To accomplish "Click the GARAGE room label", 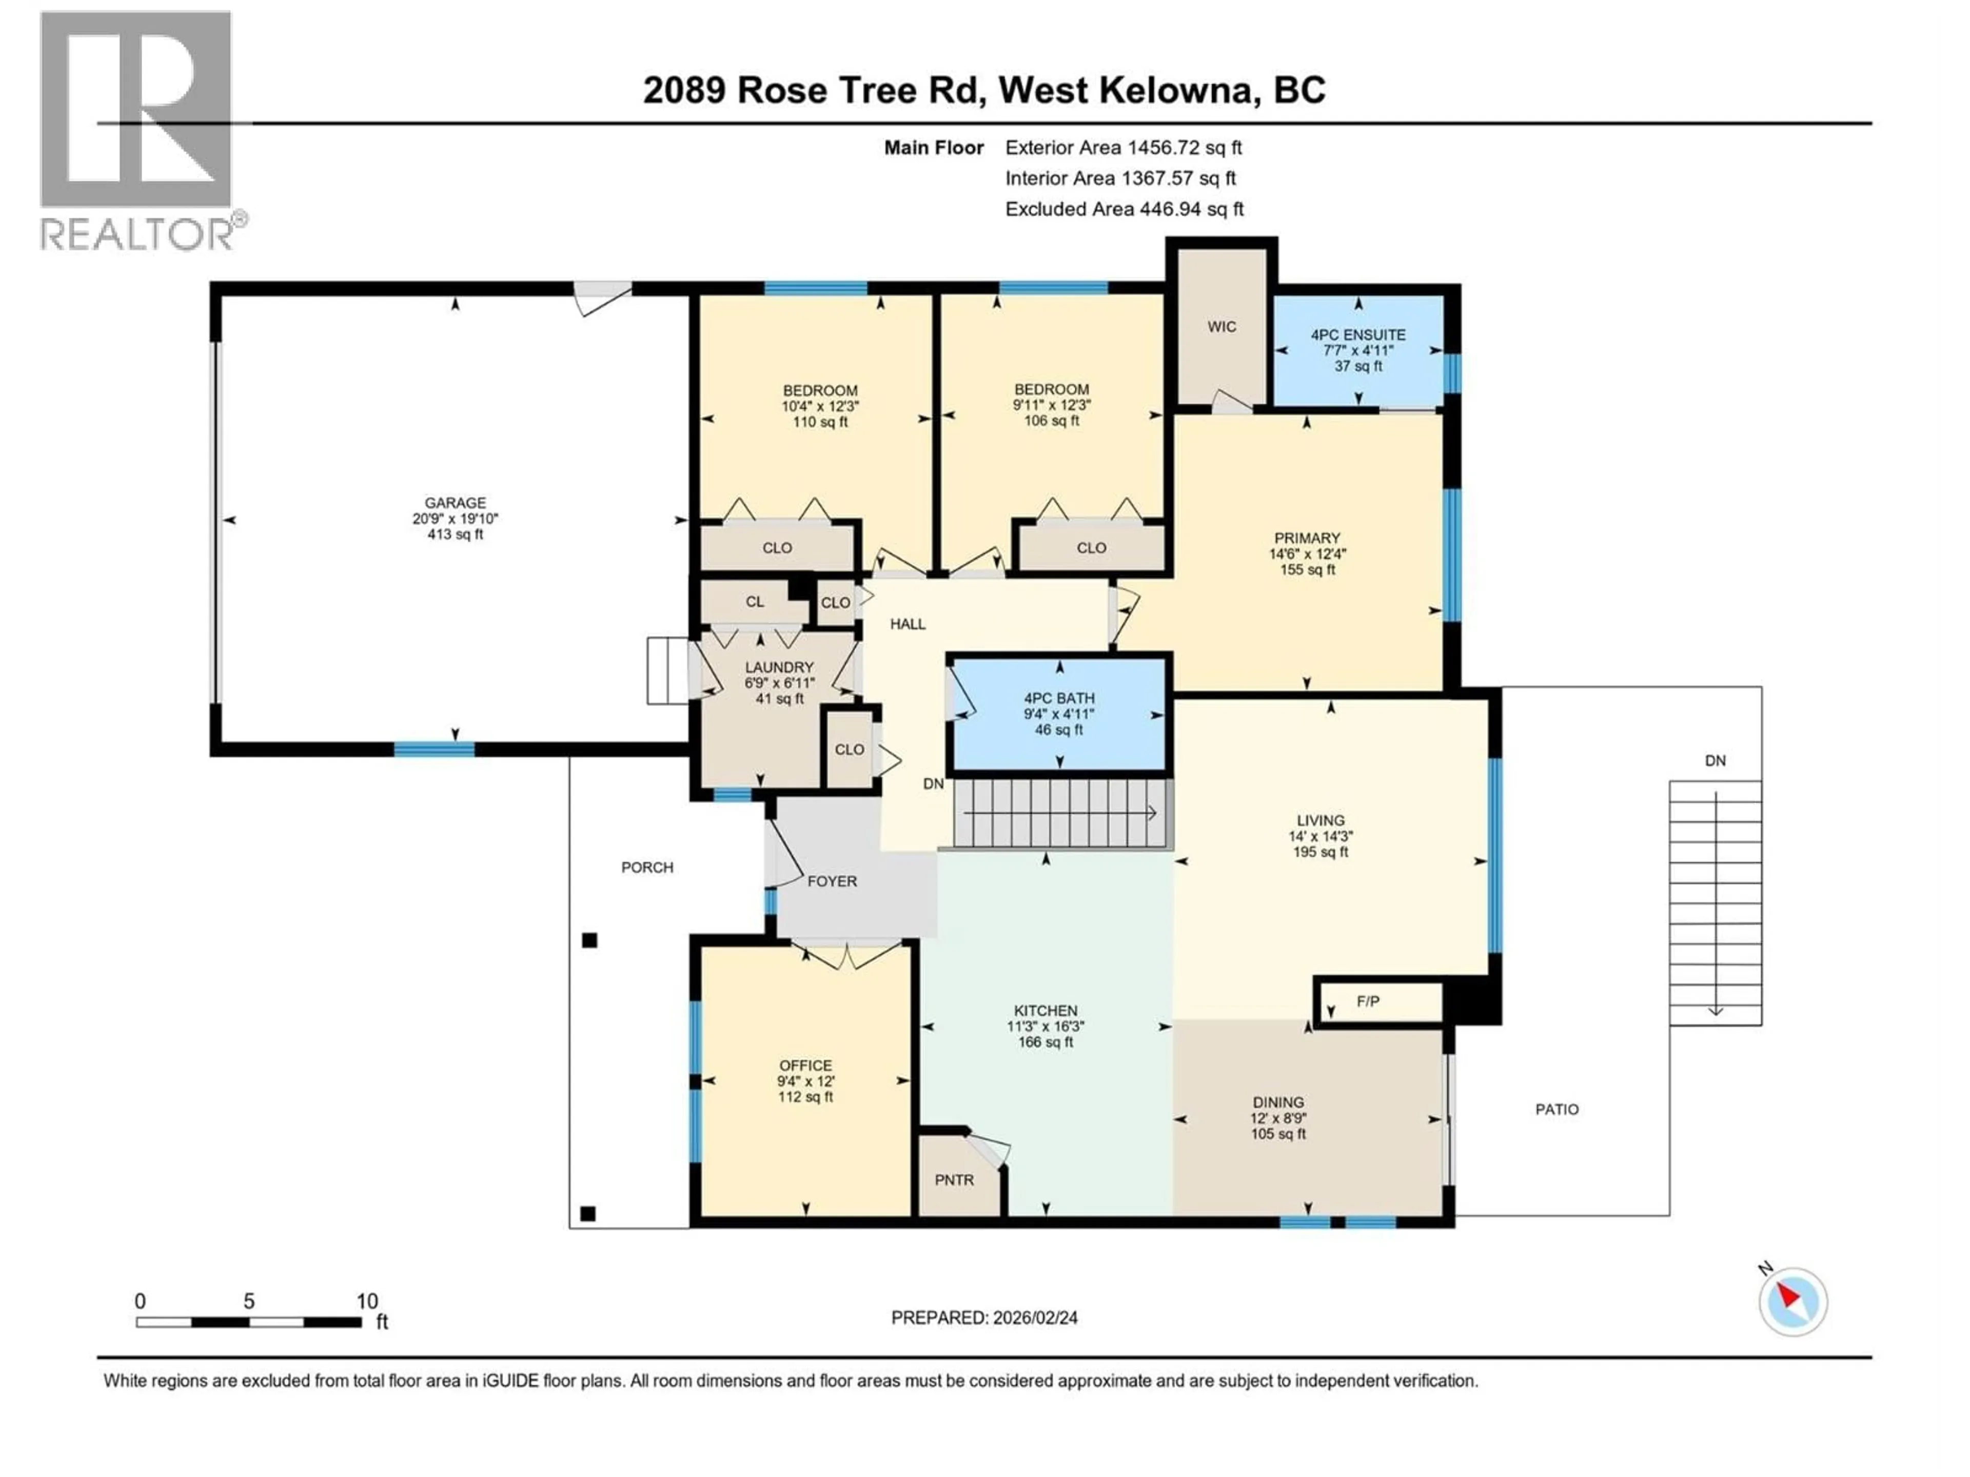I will (x=455, y=503).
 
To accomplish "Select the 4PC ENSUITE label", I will (x=1357, y=335).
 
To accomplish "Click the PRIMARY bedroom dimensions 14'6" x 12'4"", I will (x=1307, y=554).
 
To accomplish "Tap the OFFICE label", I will (x=805, y=1066).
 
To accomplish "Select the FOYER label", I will (x=832, y=882).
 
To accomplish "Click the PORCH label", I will (x=647, y=867).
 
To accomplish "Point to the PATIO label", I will (x=1557, y=1109).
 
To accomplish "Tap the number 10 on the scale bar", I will (x=367, y=1302).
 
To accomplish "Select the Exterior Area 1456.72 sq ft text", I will (x=1123, y=148).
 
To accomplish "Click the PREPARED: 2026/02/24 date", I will (x=984, y=1318).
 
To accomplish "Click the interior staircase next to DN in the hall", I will (x=1060, y=813).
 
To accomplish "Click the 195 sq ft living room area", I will (x=1320, y=852).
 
